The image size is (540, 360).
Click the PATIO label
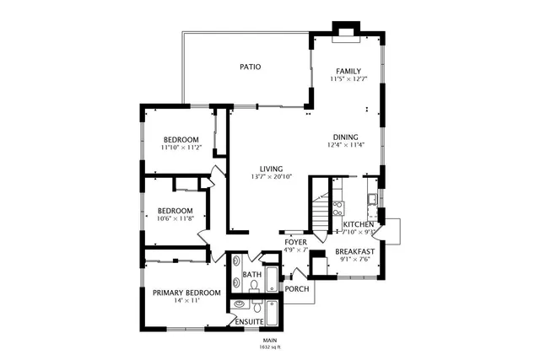[x=250, y=66]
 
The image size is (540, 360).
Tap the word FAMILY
[x=348, y=71]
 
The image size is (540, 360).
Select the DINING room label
[x=345, y=137]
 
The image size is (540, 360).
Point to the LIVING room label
[x=271, y=169]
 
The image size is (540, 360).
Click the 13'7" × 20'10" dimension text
[x=271, y=177]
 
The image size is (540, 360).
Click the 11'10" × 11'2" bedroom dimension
[x=181, y=148]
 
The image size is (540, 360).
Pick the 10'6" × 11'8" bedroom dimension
[x=175, y=218]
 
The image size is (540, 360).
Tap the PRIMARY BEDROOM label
[x=186, y=293]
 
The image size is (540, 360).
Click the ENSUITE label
[x=250, y=322]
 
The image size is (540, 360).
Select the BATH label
[x=251, y=275]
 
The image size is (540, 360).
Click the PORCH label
[x=297, y=289]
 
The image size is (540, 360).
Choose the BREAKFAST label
[x=354, y=251]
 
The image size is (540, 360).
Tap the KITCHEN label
[x=359, y=224]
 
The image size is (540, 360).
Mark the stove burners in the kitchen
[x=338, y=205]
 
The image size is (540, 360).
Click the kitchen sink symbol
[x=371, y=200]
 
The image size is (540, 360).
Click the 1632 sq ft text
[x=269, y=347]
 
